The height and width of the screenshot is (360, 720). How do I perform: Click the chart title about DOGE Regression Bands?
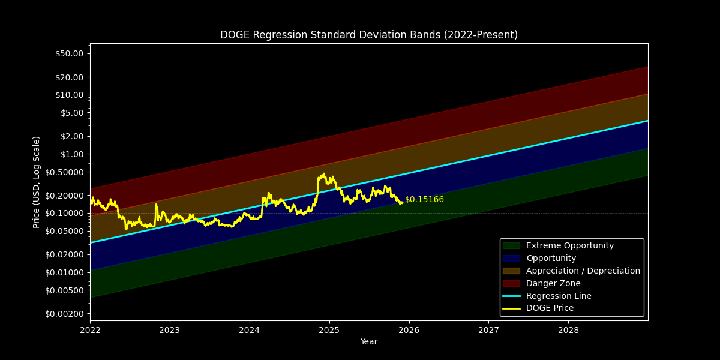point(368,35)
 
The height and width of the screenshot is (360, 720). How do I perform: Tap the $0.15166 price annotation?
point(424,200)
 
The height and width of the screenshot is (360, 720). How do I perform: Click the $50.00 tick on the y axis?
point(69,53)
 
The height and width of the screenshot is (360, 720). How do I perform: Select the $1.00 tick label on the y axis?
point(71,154)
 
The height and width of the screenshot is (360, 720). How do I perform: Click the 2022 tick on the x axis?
point(90,330)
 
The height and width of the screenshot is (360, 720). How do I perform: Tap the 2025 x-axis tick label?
point(329,330)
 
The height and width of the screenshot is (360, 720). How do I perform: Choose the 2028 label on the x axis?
point(568,330)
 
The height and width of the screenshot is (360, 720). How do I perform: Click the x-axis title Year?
point(368,342)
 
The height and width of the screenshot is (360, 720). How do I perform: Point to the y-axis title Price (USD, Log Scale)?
point(37,182)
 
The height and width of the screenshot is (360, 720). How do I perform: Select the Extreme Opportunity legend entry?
point(569,246)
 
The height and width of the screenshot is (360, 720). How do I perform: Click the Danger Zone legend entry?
point(553,284)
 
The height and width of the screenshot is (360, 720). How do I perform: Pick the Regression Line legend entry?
point(558,296)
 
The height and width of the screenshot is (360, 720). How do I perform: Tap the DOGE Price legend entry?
point(550,308)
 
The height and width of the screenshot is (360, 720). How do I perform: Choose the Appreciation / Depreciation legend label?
point(583,271)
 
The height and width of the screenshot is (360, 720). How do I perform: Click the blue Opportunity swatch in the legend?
point(511,259)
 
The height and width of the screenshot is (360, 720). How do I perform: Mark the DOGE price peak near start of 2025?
point(323,174)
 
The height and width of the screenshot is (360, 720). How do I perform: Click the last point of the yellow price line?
point(402,202)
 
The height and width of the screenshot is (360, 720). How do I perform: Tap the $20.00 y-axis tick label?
point(69,77)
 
